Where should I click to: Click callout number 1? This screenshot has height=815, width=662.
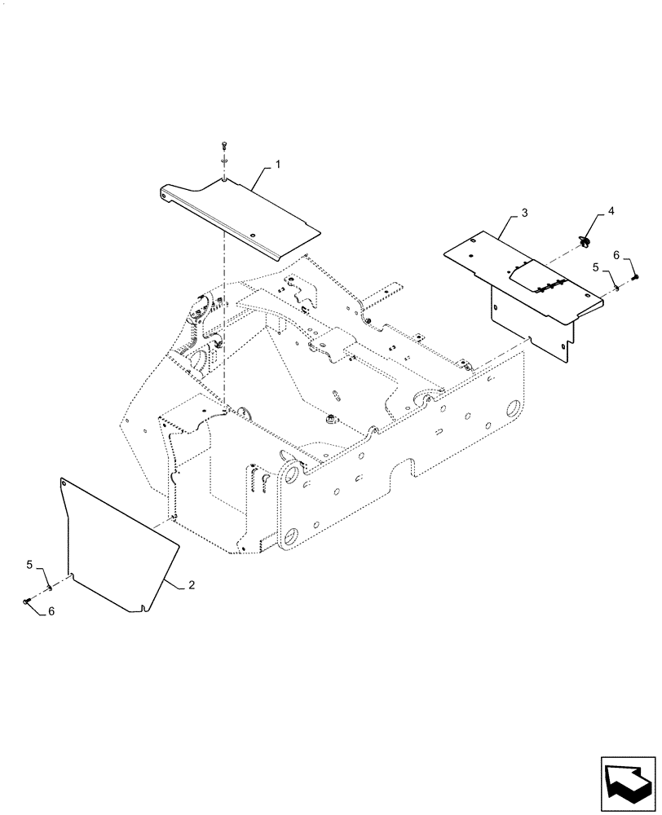coord(278,165)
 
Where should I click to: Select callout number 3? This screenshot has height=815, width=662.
coord(525,213)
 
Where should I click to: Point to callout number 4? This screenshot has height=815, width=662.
coord(611,213)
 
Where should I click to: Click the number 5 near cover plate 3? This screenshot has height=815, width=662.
coord(596,267)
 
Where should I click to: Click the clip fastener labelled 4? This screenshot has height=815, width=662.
coord(586,240)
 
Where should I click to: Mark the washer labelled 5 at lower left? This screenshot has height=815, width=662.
coord(50,585)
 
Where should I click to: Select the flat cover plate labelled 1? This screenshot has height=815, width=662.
coord(245,212)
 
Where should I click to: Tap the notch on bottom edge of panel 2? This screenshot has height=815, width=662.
coord(143,606)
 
